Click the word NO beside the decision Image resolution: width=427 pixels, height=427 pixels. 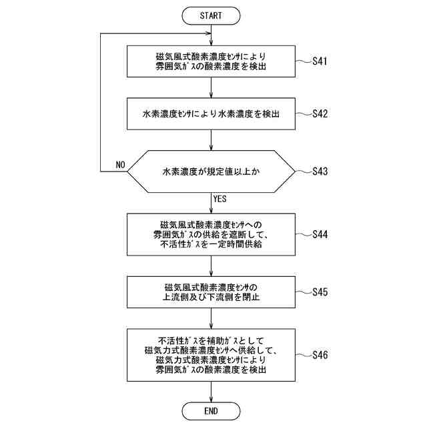point(120,165)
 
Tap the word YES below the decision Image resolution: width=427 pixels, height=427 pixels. point(221,199)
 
